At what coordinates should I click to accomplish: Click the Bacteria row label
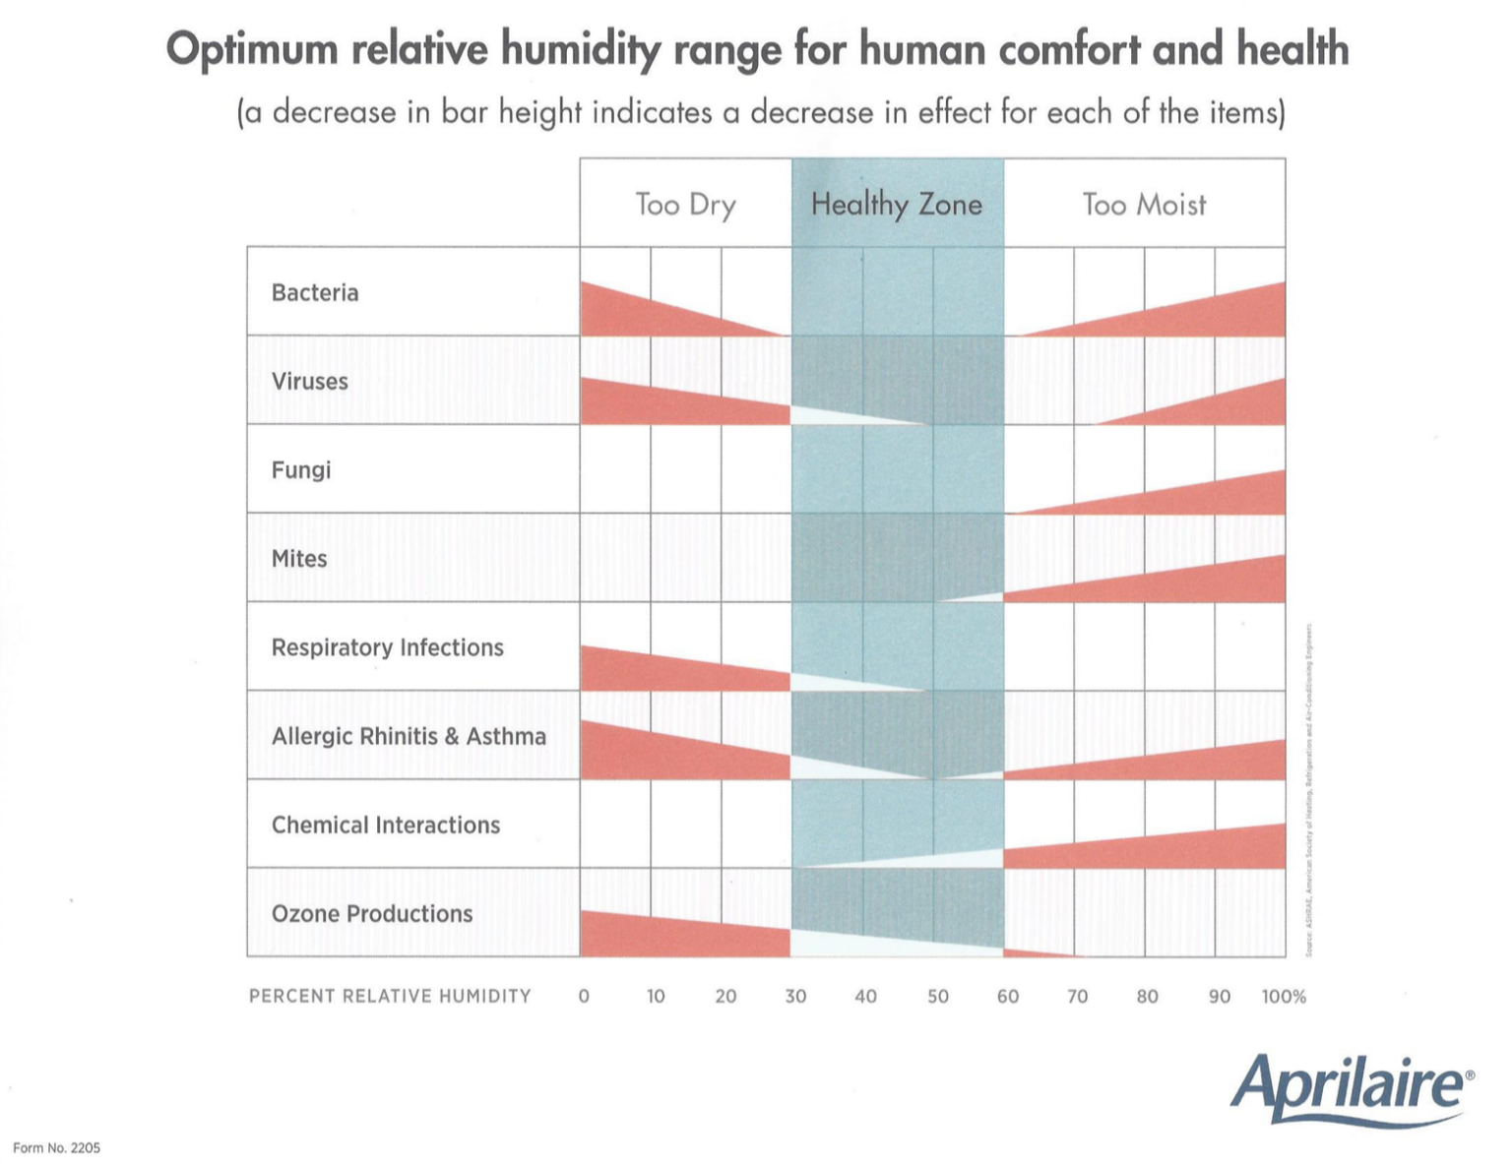point(315,292)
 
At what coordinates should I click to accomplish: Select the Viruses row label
point(309,381)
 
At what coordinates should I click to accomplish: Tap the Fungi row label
point(301,469)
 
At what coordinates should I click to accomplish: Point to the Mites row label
point(299,558)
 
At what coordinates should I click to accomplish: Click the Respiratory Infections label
point(387,647)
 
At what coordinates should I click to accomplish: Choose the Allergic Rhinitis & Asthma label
point(409,736)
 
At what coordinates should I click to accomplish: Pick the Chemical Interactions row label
point(386,825)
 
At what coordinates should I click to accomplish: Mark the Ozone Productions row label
point(372,913)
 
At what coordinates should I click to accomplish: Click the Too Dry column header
point(685,205)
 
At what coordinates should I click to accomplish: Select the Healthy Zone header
point(897,205)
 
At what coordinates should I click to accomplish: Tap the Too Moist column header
point(1144,205)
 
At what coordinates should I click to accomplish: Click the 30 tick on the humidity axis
point(795,996)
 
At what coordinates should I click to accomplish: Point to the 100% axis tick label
point(1284,996)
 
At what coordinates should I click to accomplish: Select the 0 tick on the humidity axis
point(584,996)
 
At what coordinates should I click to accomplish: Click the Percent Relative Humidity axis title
point(390,996)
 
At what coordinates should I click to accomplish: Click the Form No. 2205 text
point(56,1147)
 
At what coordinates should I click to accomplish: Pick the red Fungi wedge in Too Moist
point(1211,496)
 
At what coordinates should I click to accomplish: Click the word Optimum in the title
point(252,49)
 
